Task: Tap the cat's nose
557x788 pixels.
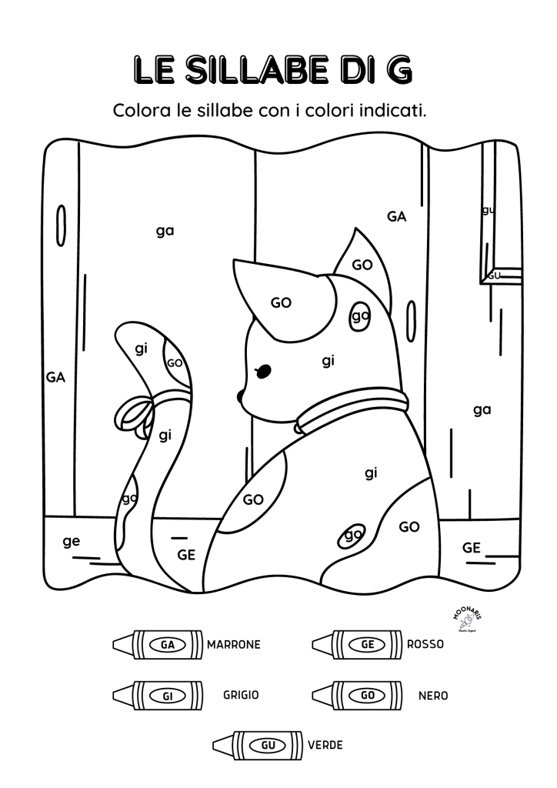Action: [x=241, y=396]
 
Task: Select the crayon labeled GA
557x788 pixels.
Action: [x=158, y=644]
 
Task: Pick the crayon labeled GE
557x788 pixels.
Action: [x=357, y=644]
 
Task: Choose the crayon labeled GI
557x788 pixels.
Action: [x=158, y=695]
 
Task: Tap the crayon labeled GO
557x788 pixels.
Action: [x=357, y=695]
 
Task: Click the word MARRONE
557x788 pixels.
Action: [x=234, y=645]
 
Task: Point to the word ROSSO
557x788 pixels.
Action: [x=425, y=645]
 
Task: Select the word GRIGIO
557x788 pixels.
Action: [x=241, y=695]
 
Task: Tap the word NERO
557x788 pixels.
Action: [x=433, y=696]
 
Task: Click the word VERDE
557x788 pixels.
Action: [x=325, y=745]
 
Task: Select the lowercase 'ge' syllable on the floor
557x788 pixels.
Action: [x=72, y=541]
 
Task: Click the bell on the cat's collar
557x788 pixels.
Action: [x=299, y=426]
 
